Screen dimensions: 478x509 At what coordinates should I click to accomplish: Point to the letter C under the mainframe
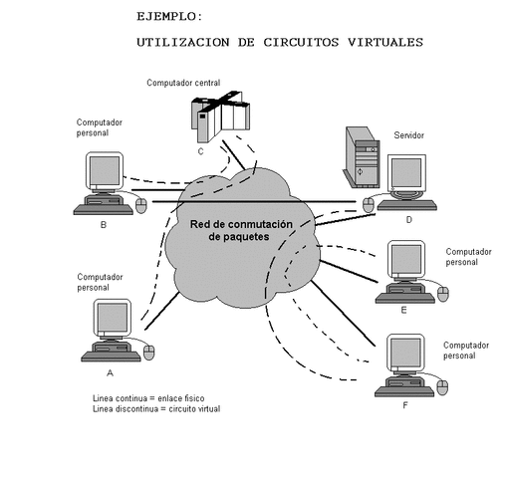pyautogui.click(x=200, y=151)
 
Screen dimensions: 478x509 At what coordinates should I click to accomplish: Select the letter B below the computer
pyautogui.click(x=103, y=224)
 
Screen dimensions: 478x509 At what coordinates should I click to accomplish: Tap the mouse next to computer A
pyautogui.click(x=149, y=352)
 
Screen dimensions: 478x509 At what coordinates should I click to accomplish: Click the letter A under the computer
pyautogui.click(x=110, y=372)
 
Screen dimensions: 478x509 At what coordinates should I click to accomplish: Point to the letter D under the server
pyautogui.click(x=408, y=221)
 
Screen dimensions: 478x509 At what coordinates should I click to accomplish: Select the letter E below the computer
pyautogui.click(x=403, y=310)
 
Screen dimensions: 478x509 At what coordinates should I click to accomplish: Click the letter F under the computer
pyautogui.click(x=403, y=406)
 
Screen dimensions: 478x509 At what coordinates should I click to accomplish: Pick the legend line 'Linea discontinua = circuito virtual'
pyautogui.click(x=155, y=408)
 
